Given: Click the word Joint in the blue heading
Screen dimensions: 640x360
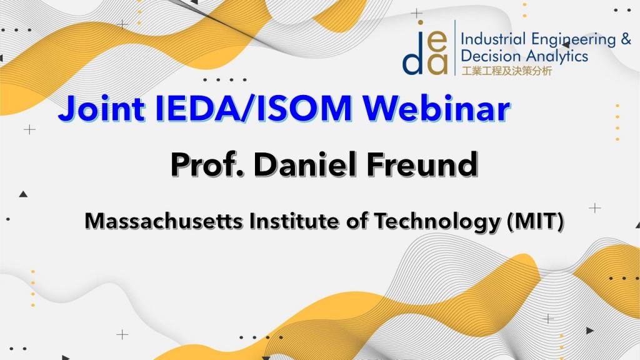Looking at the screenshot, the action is tap(102, 109).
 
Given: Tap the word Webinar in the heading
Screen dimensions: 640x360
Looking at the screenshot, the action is tap(437, 109).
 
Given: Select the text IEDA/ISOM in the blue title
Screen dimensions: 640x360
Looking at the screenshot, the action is tap(254, 109).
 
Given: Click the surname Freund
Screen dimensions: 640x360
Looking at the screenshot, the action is tap(422, 164).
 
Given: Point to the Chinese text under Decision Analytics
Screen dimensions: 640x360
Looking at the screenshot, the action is tap(506, 71).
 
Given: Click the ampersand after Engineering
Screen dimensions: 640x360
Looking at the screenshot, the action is tap(626, 39).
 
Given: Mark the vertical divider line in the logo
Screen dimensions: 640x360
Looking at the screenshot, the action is tap(455, 47).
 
